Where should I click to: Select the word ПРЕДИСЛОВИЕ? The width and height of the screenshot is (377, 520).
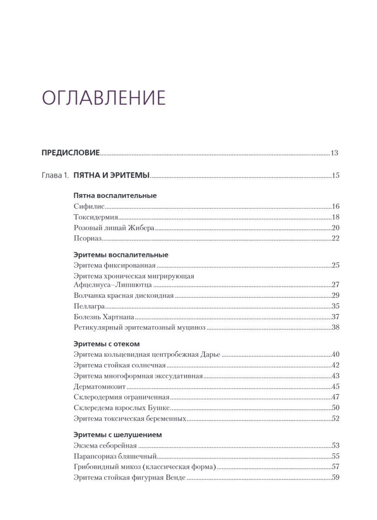point(71,153)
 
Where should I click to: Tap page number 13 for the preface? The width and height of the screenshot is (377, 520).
point(334,153)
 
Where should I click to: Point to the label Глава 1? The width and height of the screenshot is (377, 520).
point(55,175)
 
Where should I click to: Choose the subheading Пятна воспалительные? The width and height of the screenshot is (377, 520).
point(115,195)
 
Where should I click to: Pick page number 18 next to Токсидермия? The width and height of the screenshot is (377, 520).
point(335,217)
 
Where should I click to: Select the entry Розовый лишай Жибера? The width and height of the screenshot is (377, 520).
point(114,228)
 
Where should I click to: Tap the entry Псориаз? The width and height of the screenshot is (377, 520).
point(88,238)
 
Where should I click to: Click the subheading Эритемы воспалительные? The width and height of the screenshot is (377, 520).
point(121,255)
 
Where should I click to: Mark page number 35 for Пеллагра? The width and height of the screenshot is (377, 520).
point(335,306)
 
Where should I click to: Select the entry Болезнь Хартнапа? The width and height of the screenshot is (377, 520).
point(104,316)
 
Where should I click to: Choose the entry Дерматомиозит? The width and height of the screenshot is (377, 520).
point(100,387)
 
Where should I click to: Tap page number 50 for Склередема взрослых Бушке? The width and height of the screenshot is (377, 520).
point(335,407)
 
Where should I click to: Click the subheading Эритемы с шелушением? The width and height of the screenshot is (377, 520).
point(118,435)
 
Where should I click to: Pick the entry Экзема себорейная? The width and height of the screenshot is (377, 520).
point(105,445)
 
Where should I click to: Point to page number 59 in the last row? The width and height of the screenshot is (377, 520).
point(335,478)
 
